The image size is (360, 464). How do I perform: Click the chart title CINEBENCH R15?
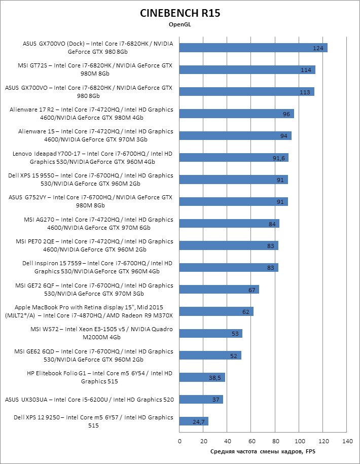pyautogui.click(x=180, y=13)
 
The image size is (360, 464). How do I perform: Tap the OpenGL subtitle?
pyautogui.click(x=180, y=24)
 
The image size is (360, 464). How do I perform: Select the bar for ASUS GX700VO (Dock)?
pyautogui.click(x=253, y=48)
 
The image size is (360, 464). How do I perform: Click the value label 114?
pyautogui.click(x=305, y=70)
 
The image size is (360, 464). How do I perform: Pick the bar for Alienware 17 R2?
pyautogui.click(x=236, y=114)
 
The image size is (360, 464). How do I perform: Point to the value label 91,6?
pyautogui.click(x=279, y=158)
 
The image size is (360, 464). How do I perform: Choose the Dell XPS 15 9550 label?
pyautogui.click(x=91, y=180)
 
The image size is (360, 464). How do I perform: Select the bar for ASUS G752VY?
pyautogui.click(x=233, y=201)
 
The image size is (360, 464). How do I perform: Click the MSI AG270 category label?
pyautogui.click(x=92, y=224)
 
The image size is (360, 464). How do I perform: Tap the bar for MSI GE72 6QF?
pyautogui.click(x=219, y=290)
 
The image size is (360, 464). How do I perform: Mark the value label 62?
pyautogui.click(x=246, y=312)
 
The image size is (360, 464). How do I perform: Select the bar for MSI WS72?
pyautogui.click(x=210, y=333)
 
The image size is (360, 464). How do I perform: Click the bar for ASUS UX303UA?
pyautogui.click(x=201, y=400)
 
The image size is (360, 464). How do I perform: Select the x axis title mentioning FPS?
pyautogui.click(x=263, y=451)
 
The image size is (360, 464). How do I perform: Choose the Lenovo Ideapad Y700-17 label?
pyautogui.click(x=92, y=158)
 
